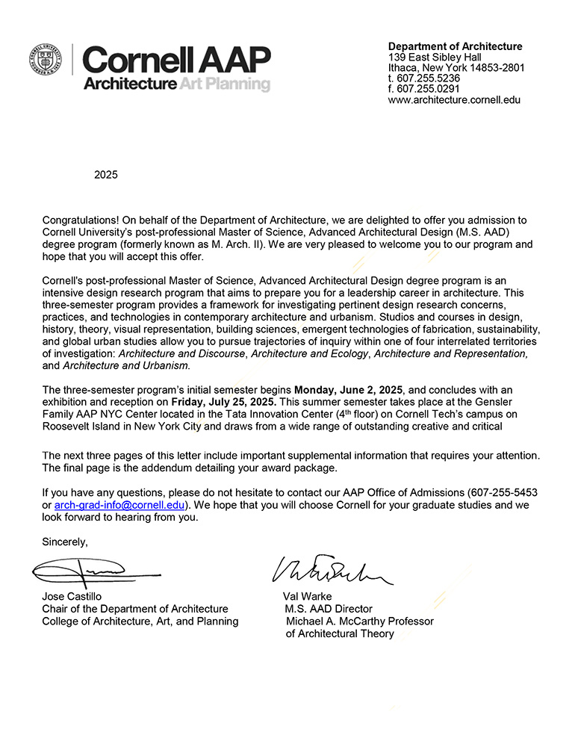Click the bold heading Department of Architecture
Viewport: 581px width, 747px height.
pos(456,46)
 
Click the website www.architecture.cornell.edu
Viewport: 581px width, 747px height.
pos(454,99)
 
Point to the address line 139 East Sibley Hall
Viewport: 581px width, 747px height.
pos(435,57)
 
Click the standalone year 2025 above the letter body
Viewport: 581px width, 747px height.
pos(106,176)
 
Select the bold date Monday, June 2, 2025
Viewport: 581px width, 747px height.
pos(349,390)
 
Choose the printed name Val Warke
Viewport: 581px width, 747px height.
pos(307,597)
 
